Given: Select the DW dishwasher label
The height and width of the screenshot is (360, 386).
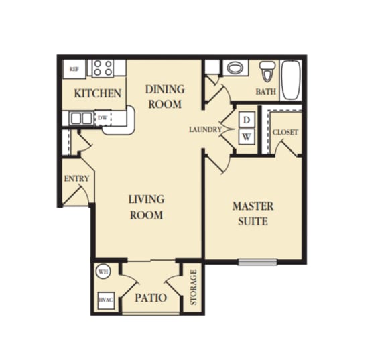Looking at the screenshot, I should coord(103,118).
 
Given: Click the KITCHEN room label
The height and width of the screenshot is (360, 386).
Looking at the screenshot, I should coord(97,93).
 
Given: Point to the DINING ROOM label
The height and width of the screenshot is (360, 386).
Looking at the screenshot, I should coord(164,97).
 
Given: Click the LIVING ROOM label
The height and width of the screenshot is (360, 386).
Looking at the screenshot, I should coord(146,207).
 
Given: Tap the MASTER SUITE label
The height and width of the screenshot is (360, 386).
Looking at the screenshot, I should coord(252,213).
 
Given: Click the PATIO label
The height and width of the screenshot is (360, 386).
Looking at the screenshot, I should coord(151,297).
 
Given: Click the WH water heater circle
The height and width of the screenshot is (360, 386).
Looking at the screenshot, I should coord(103,272).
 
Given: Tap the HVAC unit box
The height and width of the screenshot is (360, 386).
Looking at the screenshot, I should coord(105,300).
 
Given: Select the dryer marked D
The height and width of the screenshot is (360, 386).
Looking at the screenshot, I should coord(247,120).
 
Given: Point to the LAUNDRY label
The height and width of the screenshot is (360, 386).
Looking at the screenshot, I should coord(204,129).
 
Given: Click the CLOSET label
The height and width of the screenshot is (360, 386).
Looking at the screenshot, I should coord(285,132).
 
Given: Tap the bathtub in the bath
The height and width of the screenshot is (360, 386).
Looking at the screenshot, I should coord(292,80).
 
